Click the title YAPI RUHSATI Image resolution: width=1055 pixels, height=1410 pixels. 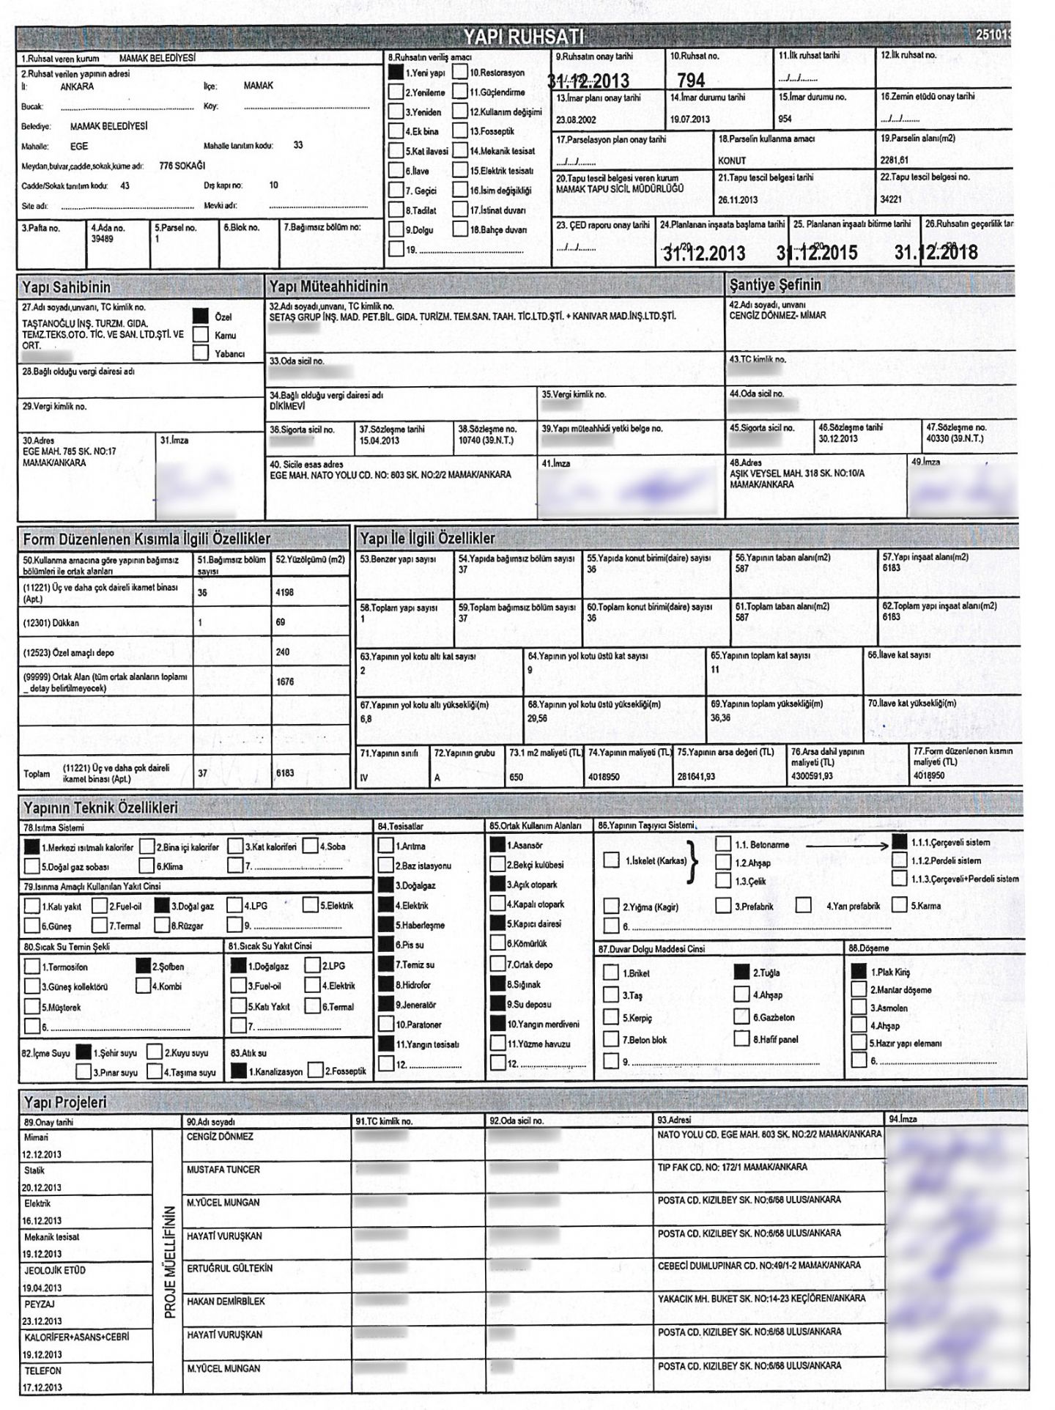tap(523, 37)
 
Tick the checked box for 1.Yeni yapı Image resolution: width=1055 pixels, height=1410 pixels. tap(396, 73)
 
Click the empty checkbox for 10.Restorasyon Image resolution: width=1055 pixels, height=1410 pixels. tap(460, 72)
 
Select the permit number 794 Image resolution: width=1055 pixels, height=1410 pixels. tap(691, 79)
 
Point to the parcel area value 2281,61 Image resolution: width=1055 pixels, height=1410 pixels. tap(895, 160)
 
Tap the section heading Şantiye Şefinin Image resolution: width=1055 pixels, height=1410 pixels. tap(775, 284)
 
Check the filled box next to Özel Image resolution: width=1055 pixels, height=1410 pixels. tap(200, 316)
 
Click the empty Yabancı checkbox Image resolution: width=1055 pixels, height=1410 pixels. tap(200, 353)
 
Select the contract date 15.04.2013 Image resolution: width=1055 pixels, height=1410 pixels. tap(380, 440)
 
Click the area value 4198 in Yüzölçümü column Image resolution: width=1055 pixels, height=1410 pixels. tap(284, 592)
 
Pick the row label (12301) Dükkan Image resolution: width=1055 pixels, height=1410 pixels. tap(51, 623)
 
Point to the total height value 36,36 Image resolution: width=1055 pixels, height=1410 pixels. tap(720, 717)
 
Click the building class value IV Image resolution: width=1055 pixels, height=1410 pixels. tap(364, 777)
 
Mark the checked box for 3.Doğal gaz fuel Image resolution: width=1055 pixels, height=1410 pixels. tap(163, 906)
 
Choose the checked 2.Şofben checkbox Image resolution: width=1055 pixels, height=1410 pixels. tap(144, 966)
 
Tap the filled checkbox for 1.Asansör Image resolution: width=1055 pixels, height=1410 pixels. tap(497, 845)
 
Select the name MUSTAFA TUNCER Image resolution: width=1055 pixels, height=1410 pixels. tap(223, 1170)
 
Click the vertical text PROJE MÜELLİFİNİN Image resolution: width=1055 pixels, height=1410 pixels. tap(170, 1261)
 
